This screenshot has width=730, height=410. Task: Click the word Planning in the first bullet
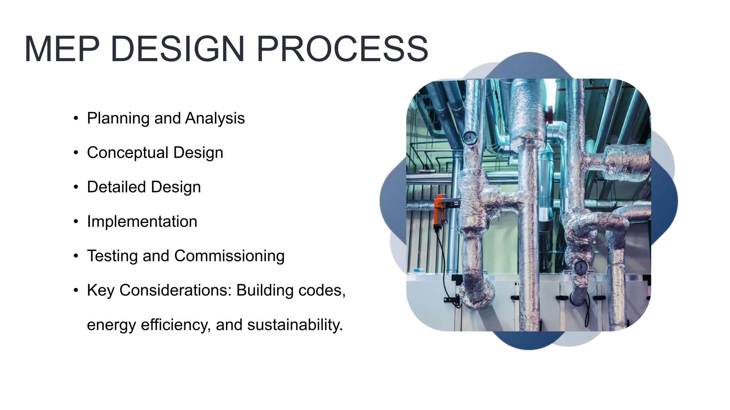pos(118,119)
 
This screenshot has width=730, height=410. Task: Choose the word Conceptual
pos(128,153)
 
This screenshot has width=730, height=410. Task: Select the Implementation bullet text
pos(142,221)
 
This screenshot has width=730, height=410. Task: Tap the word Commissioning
pos(229,256)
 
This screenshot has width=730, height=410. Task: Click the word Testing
pos(112,256)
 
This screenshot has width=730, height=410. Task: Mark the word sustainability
pos(295,325)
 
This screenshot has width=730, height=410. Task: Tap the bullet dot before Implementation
pos(76,222)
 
